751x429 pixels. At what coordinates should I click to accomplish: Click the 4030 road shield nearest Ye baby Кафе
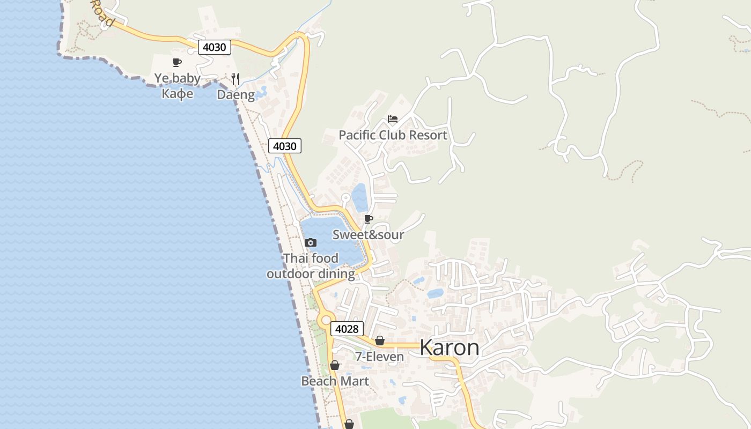[x=215, y=47]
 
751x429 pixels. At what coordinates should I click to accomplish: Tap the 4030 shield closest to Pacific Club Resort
[x=284, y=146]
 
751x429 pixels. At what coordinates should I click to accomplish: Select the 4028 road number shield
[x=347, y=329]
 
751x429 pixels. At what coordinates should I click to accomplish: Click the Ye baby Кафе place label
[x=178, y=86]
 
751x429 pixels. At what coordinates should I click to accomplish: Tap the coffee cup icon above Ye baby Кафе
[x=177, y=63]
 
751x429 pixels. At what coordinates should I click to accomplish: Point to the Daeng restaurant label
[x=235, y=95]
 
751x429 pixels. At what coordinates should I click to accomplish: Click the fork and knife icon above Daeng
[x=235, y=79]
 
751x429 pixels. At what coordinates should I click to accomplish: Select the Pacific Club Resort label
[x=393, y=135]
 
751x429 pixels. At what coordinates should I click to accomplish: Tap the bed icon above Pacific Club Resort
[x=393, y=119]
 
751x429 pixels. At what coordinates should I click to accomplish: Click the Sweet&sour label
[x=368, y=235]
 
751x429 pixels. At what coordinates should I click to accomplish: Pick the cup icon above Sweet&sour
[x=368, y=219]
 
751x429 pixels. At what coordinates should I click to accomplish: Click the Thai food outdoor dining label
[x=311, y=266]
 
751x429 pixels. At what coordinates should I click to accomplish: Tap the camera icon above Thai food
[x=311, y=243]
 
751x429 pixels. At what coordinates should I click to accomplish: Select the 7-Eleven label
[x=379, y=357]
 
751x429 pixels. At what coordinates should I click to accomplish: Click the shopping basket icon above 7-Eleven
[x=380, y=341]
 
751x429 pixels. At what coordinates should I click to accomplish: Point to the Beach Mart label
[x=335, y=381]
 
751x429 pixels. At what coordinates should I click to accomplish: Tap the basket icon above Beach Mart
[x=335, y=366]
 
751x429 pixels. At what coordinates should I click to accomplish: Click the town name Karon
[x=450, y=347]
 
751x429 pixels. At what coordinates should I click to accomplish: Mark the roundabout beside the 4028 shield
[x=326, y=321]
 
